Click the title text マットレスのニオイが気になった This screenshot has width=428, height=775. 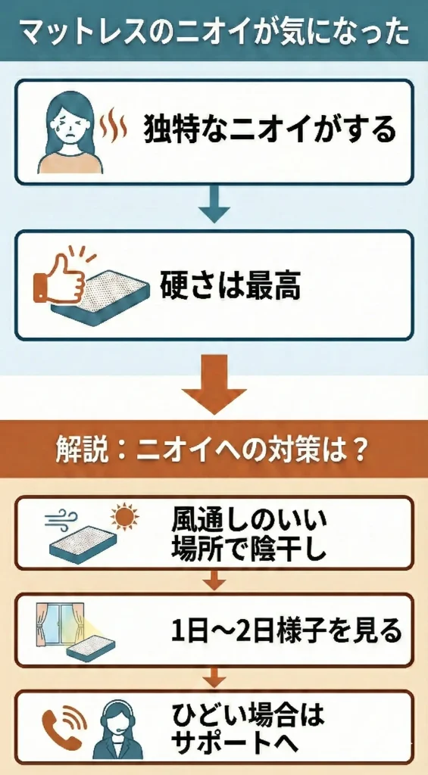pyautogui.click(x=214, y=32)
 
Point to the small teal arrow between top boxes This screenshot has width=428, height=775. pyautogui.click(x=214, y=206)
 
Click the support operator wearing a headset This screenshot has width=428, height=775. pyautogui.click(x=117, y=728)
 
